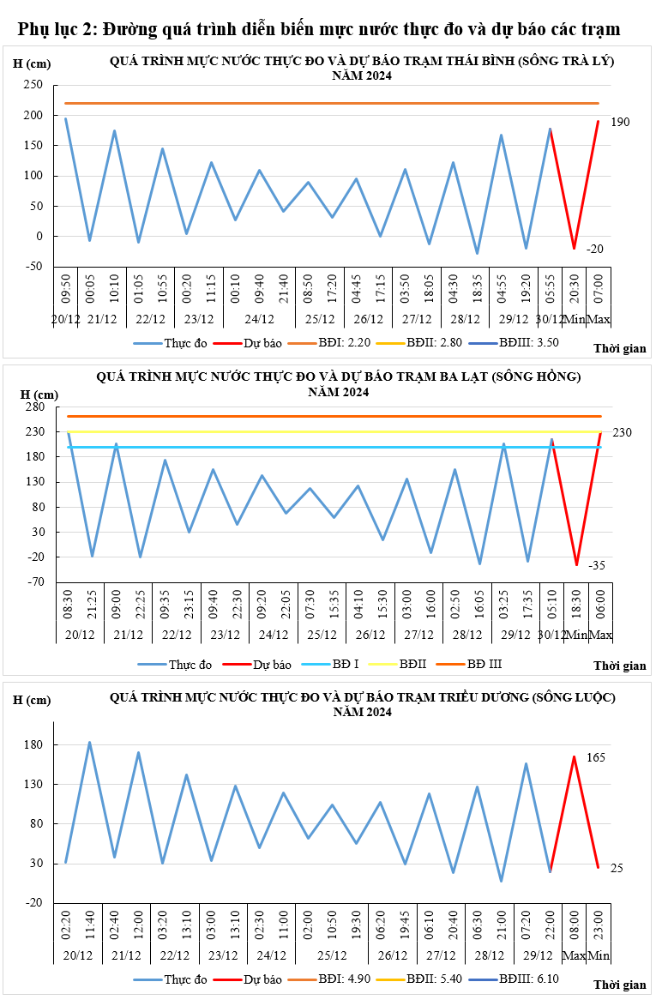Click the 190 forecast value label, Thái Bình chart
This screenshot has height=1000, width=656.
coord(620,123)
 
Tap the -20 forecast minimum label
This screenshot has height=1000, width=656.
coord(595,249)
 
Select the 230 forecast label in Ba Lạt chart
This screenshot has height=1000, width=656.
coord(622,433)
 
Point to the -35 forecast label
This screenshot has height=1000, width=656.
coord(597,565)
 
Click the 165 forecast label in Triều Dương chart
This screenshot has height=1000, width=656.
coord(597,758)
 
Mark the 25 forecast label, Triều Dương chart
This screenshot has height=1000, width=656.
coord(617,869)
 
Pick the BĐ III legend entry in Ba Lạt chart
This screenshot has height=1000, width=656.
coord(484,664)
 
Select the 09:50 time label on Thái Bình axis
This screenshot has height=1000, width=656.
coord(66,286)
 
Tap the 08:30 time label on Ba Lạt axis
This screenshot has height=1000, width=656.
coord(68,602)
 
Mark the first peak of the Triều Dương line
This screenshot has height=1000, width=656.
coord(90,742)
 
